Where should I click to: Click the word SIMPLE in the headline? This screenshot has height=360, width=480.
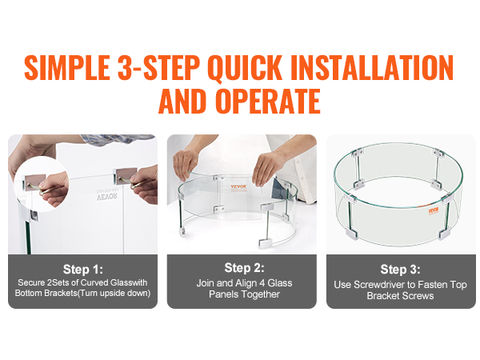67,68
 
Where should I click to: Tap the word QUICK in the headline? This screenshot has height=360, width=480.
244,68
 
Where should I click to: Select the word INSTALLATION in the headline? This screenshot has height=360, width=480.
372,68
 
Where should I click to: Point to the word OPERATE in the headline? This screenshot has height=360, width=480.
268,101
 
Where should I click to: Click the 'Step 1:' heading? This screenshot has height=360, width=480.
83,270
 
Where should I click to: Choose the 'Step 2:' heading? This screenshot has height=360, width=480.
244,268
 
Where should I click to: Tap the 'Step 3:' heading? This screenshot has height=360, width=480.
401,270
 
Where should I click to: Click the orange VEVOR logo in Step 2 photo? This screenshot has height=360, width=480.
238,187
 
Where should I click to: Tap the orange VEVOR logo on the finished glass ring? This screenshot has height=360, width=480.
434,210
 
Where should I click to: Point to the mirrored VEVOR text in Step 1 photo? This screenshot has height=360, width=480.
107,196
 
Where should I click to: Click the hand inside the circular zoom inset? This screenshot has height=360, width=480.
54,189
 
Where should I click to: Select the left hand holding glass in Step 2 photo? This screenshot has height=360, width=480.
186,164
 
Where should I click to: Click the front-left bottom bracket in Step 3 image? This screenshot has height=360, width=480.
351,234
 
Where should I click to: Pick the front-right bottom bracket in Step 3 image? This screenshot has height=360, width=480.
445,234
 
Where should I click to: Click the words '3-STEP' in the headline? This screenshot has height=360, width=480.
158,68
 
